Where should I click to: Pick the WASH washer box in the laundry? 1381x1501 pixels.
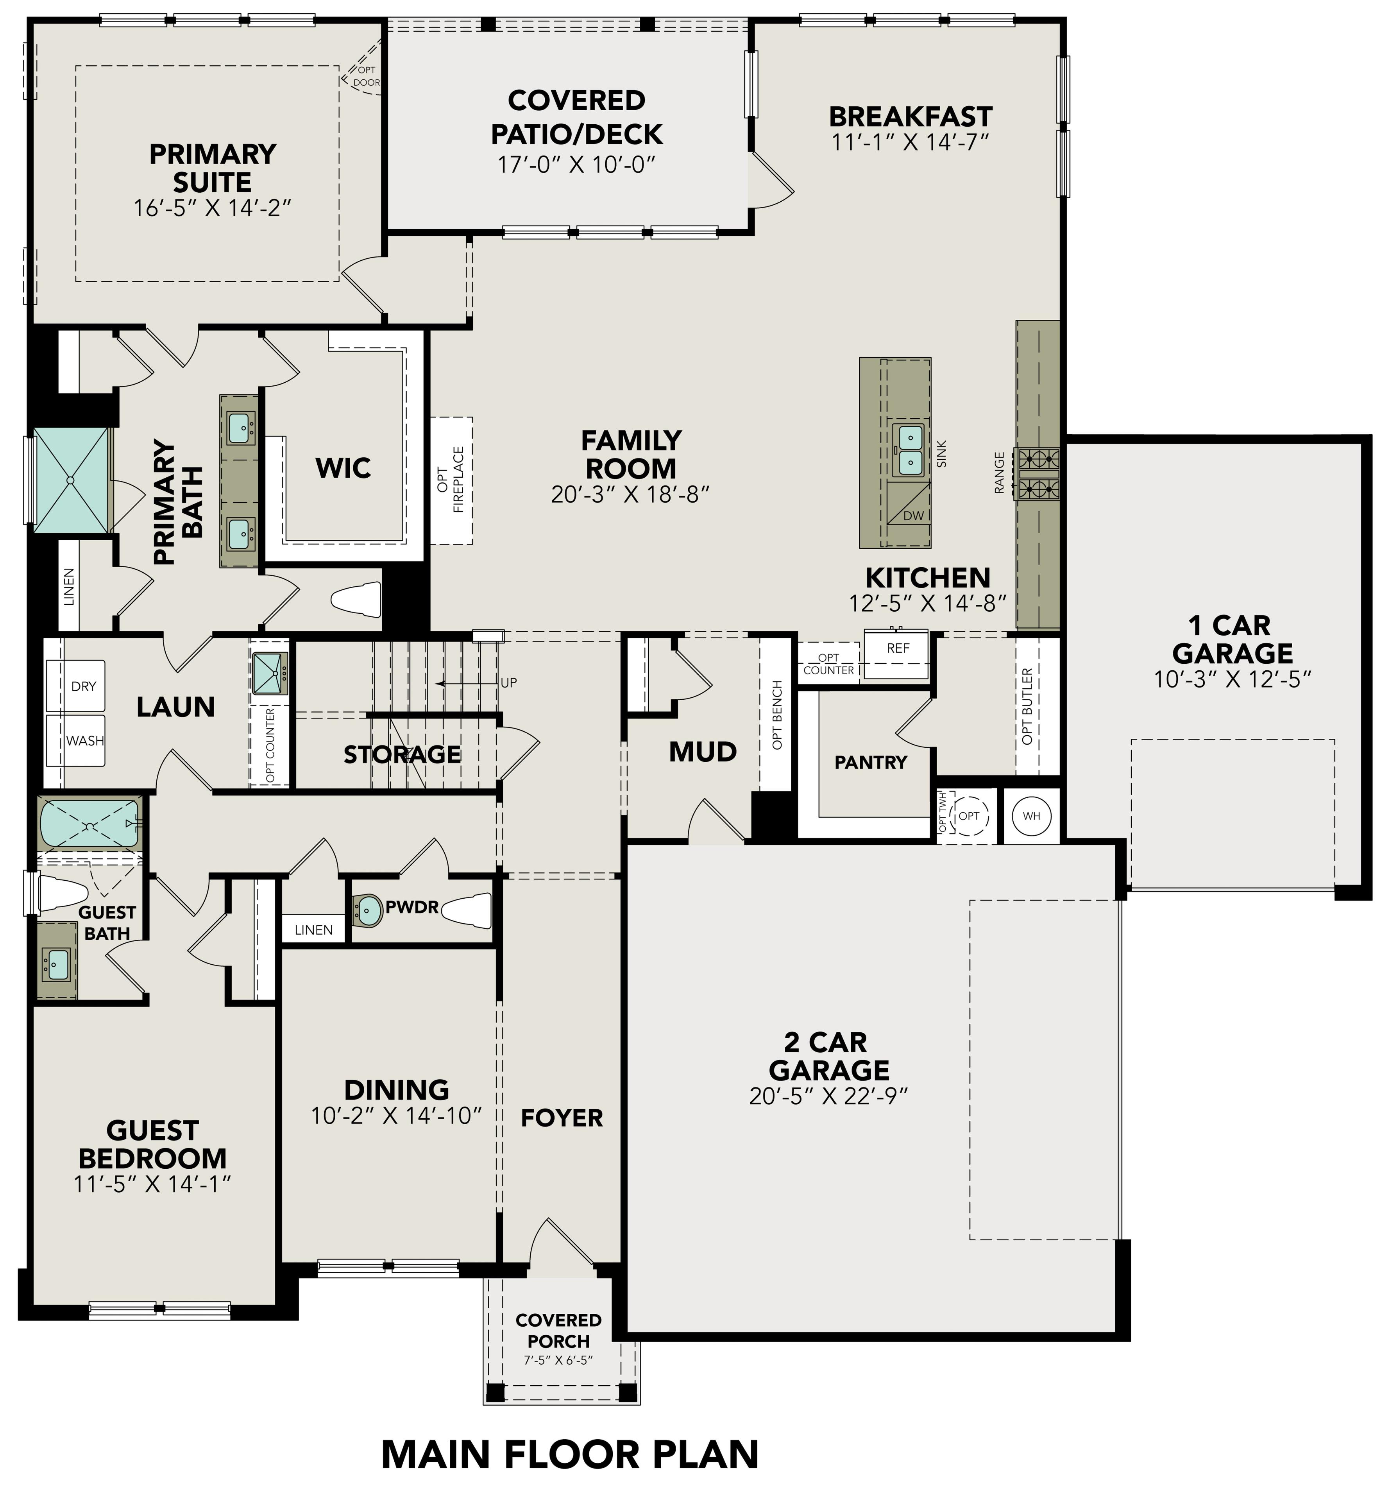[84, 740]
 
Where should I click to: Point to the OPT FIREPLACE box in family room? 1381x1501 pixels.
[451, 480]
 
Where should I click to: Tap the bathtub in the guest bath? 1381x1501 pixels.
[89, 824]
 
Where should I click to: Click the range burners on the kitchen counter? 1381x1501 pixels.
[1036, 473]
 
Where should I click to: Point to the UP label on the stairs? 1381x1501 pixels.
[508, 682]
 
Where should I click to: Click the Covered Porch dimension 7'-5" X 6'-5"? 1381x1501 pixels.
[558, 1360]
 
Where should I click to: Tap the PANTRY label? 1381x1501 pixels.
[871, 763]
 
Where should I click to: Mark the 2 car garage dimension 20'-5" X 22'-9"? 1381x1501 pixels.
[828, 1096]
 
